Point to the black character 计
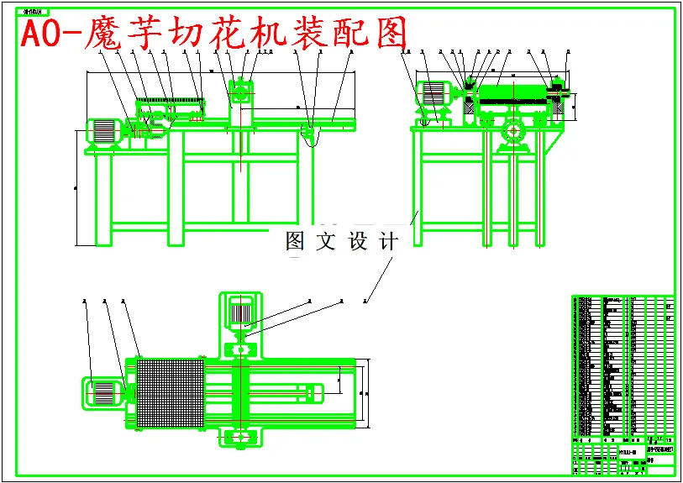[388, 242]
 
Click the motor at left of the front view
[102, 132]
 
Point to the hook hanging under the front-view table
[312, 136]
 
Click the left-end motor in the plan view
[102, 391]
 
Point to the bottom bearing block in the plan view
[240, 437]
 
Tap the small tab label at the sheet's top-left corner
[33, 13]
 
